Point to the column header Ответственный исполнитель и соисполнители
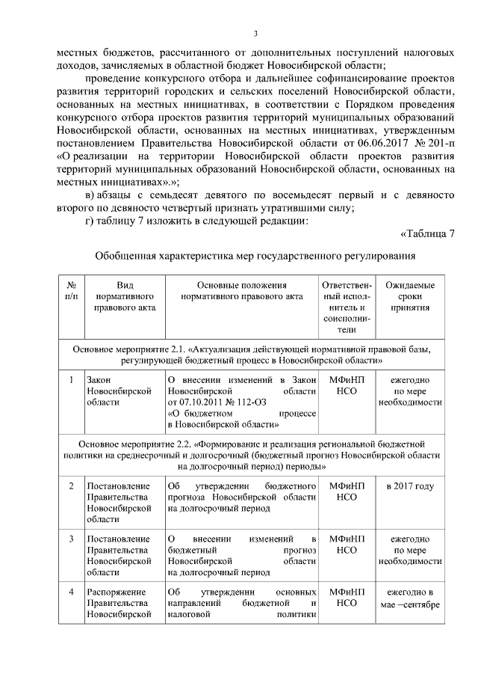346,307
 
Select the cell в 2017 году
409,486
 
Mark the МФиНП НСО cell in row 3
346,544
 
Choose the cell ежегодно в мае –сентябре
409,598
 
